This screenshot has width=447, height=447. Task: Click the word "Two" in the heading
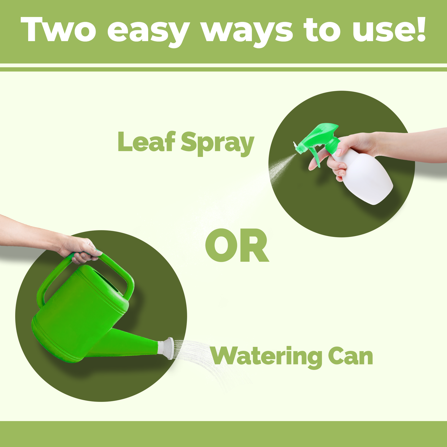pyautogui.click(x=58, y=29)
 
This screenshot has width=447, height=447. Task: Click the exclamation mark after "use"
pyautogui.click(x=420, y=29)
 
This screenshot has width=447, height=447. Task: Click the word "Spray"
pyautogui.click(x=217, y=144)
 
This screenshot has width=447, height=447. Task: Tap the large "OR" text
pyautogui.click(x=237, y=245)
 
